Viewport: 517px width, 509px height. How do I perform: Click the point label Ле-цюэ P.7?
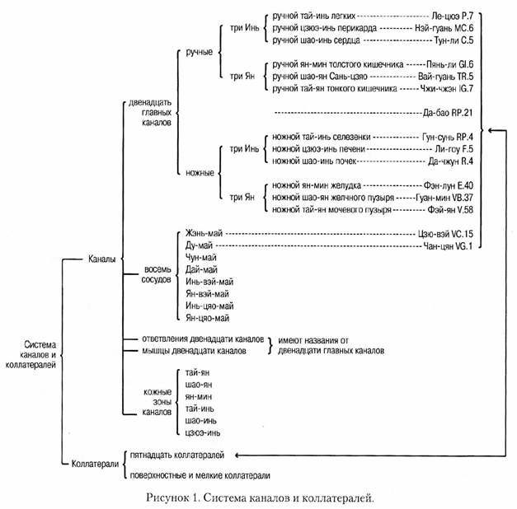452,16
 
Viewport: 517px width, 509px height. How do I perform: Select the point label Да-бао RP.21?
448,113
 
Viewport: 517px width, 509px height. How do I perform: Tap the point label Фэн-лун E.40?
448,186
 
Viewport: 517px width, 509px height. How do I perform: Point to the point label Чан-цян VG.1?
448,246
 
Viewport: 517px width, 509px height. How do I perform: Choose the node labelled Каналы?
102,259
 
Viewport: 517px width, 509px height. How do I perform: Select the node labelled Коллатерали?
95,465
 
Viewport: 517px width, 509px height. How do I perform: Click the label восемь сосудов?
157,274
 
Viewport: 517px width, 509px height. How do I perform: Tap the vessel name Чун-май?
201,258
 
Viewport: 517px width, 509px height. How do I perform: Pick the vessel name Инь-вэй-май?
209,282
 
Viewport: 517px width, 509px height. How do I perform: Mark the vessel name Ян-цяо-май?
208,318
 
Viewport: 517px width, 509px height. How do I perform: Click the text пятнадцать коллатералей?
177,455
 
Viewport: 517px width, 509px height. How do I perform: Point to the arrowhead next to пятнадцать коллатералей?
237,455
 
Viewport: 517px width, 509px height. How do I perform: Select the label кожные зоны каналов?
157,402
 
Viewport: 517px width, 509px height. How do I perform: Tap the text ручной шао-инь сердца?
316,40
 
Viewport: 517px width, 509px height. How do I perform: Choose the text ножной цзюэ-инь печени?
318,149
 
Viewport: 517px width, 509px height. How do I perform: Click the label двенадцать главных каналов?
150,113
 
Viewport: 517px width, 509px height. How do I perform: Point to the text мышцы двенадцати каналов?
195,351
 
